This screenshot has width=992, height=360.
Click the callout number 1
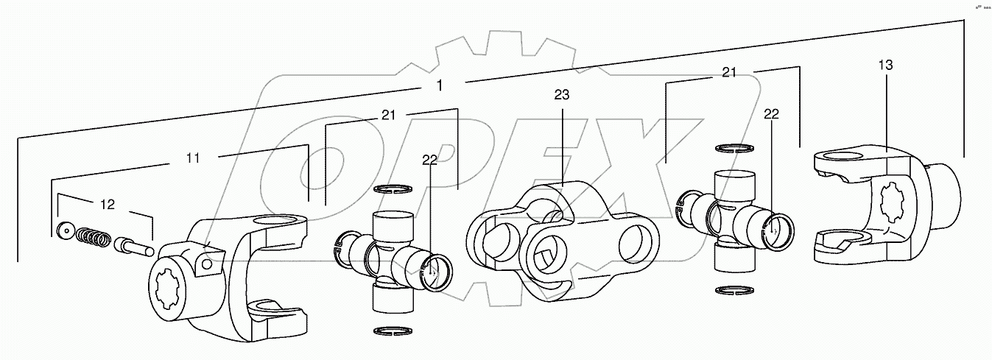440,85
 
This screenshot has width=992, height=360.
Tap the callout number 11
192,158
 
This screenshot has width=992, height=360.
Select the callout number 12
108,205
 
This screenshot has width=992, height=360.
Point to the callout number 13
885,66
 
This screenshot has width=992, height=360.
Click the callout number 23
562,95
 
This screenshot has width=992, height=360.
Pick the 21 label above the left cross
388,116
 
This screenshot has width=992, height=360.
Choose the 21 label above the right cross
729,72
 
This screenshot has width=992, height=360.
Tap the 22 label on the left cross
429,161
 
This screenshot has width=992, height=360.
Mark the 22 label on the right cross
770,114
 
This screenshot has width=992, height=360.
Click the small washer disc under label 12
64,230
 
